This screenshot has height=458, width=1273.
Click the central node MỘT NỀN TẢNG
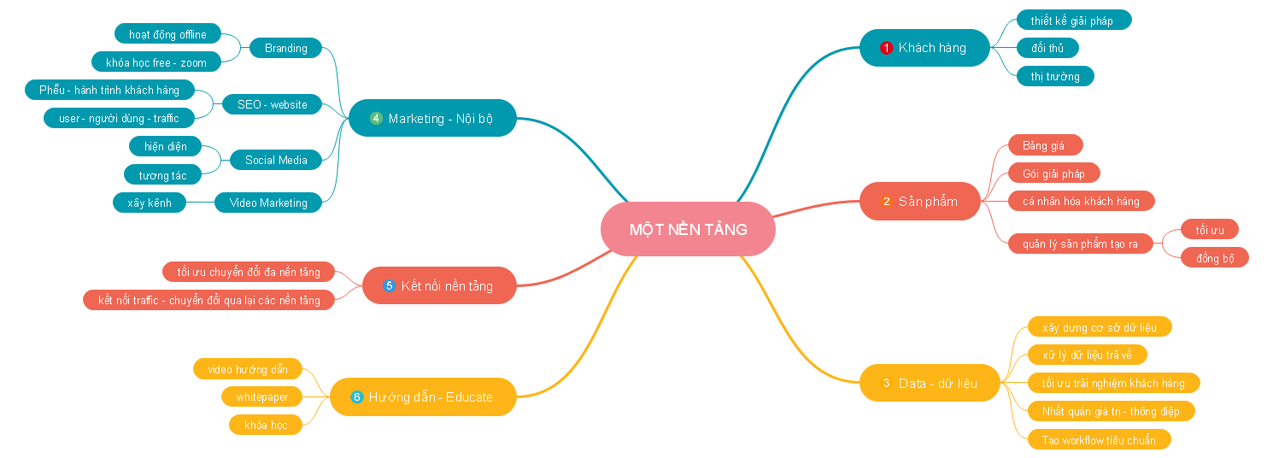(688, 229)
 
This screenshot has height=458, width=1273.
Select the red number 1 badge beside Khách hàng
(886, 48)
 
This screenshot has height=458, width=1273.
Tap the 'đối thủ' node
(1047, 48)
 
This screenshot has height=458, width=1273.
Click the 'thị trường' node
(1055, 76)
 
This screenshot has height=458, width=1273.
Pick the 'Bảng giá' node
(1043, 145)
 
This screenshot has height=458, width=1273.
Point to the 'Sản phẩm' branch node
(919, 202)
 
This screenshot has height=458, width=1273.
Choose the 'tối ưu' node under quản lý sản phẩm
(1210, 230)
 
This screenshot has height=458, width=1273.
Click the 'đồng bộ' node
(1215, 258)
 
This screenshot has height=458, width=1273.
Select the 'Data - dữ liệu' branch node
(929, 383)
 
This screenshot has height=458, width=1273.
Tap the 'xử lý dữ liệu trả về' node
(1087, 355)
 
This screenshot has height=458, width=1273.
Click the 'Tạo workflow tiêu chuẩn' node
(1098, 440)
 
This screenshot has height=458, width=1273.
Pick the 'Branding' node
(285, 48)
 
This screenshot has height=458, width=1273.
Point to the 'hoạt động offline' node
(167, 34)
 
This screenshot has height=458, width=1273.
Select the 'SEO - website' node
(272, 104)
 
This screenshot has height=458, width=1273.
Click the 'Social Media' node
(276, 160)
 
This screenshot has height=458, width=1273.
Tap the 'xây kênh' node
(150, 203)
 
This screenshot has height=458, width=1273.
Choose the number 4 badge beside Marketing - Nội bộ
(376, 118)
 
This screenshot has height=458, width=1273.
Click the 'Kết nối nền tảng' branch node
(439, 285)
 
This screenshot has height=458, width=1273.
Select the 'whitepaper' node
(262, 396)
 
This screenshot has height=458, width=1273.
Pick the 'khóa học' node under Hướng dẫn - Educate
(266, 425)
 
